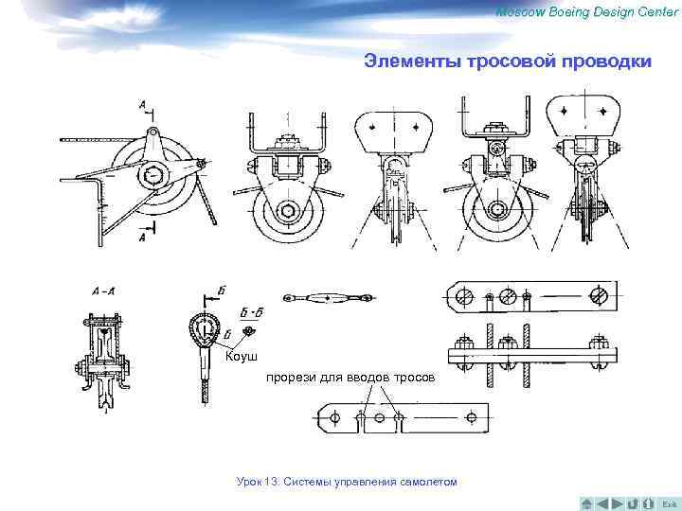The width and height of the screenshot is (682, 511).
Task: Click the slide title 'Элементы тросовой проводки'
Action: [x=508, y=62]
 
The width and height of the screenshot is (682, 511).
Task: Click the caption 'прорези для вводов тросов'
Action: [x=350, y=378]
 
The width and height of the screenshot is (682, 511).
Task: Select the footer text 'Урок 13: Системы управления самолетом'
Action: [x=347, y=483]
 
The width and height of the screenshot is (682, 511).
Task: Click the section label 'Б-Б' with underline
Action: [x=250, y=310]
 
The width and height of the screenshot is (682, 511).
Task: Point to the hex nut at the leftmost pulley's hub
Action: [x=152, y=176]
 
